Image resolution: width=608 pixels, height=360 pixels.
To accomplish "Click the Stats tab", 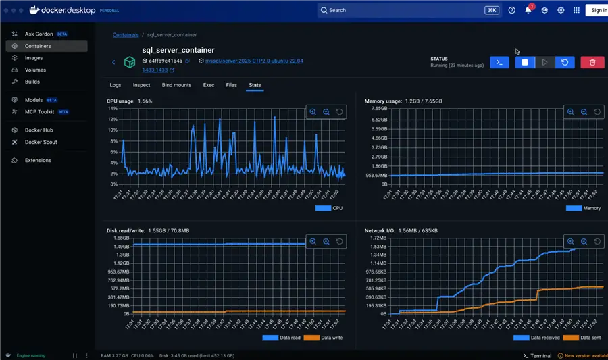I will [x=255, y=85].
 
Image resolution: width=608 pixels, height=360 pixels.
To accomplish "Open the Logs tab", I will [x=116, y=85].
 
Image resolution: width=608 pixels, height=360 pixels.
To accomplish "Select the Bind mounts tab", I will [x=176, y=85].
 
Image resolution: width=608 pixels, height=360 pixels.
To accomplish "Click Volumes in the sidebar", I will [x=35, y=70].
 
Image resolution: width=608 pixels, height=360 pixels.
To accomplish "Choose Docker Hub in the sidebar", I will [x=39, y=130].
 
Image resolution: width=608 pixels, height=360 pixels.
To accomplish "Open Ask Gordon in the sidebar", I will [x=39, y=34].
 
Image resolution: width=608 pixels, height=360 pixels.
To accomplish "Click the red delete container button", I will [x=592, y=62].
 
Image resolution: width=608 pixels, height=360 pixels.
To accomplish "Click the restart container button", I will [x=565, y=62].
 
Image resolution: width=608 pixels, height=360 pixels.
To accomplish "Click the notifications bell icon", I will [x=528, y=10].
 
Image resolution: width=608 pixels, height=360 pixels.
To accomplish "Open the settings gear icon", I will [x=561, y=10].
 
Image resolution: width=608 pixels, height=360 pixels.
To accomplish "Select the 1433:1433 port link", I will [x=155, y=70].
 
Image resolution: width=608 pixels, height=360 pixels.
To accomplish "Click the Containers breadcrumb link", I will [x=126, y=35].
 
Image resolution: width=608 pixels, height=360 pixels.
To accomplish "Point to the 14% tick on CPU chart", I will [x=112, y=108].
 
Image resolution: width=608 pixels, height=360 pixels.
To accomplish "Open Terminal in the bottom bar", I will [x=537, y=355].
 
